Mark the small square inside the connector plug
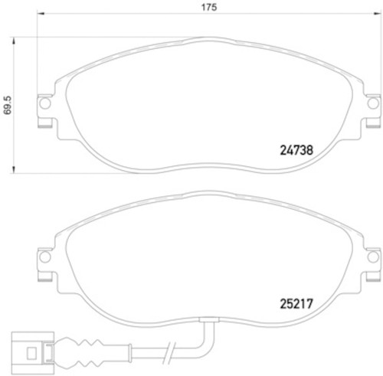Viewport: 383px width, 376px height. pos(30,354)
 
